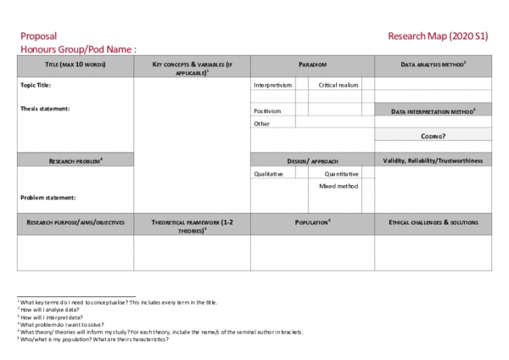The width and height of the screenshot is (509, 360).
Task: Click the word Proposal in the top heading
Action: pos(38,37)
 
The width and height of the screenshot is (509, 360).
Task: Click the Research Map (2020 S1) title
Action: pos(438,37)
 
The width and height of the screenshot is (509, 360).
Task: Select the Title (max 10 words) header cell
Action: pos(75,65)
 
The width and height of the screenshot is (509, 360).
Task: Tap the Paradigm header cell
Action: pos(312,65)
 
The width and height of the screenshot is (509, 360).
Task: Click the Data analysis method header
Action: pos(433,65)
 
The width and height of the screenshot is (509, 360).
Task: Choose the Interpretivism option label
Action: pos(272,85)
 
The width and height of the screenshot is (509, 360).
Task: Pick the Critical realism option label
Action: pos(338,85)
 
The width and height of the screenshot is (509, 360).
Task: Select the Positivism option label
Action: pos(267,111)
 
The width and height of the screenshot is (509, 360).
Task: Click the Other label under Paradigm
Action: pos(261,124)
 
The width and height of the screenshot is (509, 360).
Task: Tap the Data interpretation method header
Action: pos(433,111)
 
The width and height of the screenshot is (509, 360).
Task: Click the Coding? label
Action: pos(433,136)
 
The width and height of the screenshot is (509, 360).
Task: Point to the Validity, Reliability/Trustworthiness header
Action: pos(433,160)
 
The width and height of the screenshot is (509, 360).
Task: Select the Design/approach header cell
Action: pos(312,160)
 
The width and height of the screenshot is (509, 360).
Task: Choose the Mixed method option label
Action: pos(338,185)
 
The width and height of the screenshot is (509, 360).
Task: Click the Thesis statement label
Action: pos(45,109)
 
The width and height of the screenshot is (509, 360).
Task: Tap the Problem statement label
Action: pos(48,198)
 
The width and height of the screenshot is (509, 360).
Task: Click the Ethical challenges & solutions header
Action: pos(433,222)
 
